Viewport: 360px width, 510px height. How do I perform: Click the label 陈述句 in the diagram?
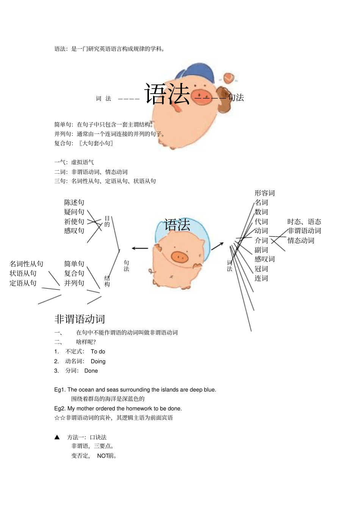click(x=74, y=202)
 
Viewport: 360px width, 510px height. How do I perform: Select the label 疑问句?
click(x=74, y=212)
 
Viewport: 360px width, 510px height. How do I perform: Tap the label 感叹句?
click(x=74, y=231)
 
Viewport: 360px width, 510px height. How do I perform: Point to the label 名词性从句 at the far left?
click(x=27, y=264)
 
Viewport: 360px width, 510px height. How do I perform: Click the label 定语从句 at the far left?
click(x=23, y=283)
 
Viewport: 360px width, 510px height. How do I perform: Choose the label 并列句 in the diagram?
click(x=74, y=283)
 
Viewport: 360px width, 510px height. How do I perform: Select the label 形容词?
click(x=265, y=193)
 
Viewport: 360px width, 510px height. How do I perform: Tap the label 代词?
click(x=261, y=221)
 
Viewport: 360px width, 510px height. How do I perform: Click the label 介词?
click(x=261, y=240)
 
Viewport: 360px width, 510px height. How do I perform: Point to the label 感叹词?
click(x=265, y=259)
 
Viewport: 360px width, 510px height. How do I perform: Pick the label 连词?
click(x=261, y=278)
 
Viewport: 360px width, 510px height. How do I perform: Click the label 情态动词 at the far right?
click(x=301, y=240)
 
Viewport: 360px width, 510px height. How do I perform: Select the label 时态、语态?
click(x=304, y=221)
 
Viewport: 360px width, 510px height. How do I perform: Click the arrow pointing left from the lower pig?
click(x=140, y=248)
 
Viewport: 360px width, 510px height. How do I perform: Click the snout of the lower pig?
click(x=180, y=257)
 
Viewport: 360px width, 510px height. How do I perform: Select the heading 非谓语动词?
click(x=80, y=319)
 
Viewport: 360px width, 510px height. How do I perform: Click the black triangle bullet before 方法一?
click(x=57, y=437)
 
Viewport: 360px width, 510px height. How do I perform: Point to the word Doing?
click(x=98, y=361)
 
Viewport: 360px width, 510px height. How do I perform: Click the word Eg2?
click(x=59, y=408)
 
